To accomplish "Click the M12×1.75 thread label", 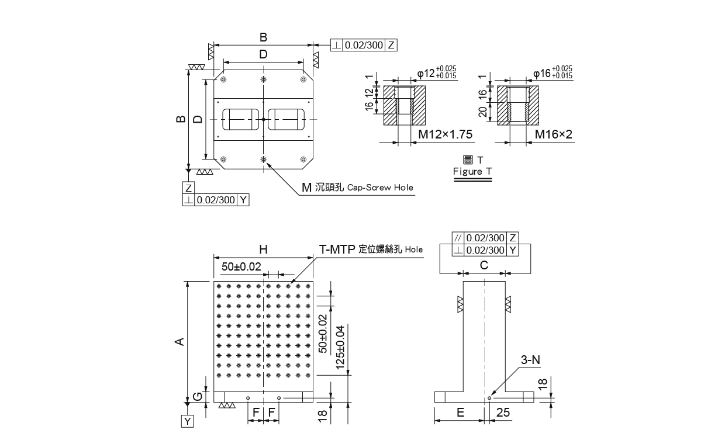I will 445,134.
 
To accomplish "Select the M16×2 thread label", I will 553,134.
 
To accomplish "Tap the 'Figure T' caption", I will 472,171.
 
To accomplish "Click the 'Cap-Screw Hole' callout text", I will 380,188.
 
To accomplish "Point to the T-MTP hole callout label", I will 371,248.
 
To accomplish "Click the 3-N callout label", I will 530,361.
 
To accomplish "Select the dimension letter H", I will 263,249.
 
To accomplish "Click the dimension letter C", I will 484,265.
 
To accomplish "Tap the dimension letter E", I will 460,412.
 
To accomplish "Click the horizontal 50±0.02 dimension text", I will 241,266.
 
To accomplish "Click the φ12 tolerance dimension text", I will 437,73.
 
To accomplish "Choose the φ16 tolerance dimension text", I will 553,73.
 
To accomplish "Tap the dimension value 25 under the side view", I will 502,412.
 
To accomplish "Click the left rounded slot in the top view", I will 240,120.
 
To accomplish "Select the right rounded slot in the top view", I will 287,120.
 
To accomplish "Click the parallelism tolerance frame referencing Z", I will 485,238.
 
